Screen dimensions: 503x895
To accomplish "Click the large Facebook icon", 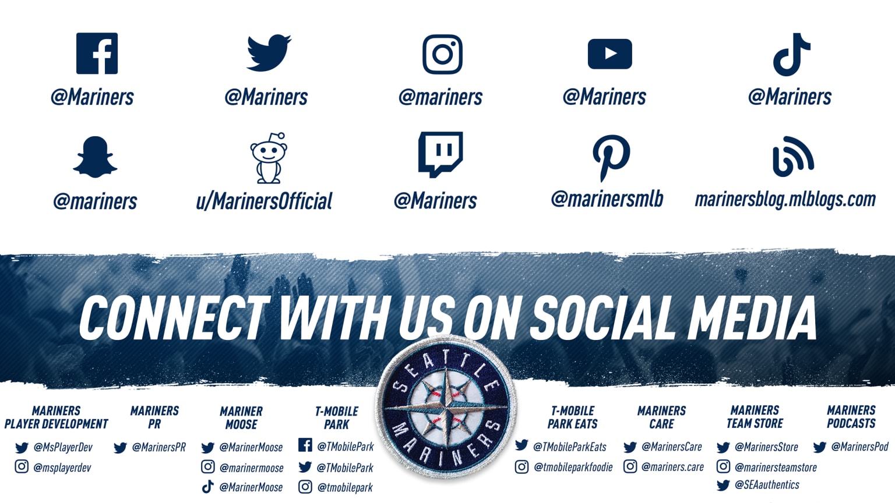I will [x=97, y=54].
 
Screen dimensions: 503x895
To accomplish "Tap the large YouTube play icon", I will [x=609, y=54].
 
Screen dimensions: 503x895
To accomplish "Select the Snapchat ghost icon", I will [x=95, y=157].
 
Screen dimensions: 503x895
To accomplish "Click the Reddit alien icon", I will [x=269, y=158].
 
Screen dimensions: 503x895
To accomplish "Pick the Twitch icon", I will [x=441, y=154].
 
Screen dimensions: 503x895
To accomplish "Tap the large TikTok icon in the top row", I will [x=791, y=54].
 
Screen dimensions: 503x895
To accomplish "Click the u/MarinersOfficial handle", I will [x=264, y=201].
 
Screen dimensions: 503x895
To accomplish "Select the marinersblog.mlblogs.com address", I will [x=785, y=200].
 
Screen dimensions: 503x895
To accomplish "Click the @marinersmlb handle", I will [x=607, y=199].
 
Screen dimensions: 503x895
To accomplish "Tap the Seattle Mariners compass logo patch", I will [x=446, y=408].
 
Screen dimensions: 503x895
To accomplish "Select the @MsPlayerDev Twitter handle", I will [x=63, y=448].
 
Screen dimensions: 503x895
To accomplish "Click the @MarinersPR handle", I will [x=158, y=448].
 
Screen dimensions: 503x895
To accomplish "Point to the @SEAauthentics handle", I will [x=767, y=485].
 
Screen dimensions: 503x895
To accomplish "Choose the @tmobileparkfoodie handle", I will [x=573, y=467].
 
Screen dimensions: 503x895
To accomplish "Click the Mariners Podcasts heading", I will [x=851, y=417].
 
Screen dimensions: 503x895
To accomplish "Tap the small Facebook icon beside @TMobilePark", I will [x=305, y=445].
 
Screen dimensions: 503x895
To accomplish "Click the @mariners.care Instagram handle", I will [x=672, y=467].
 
